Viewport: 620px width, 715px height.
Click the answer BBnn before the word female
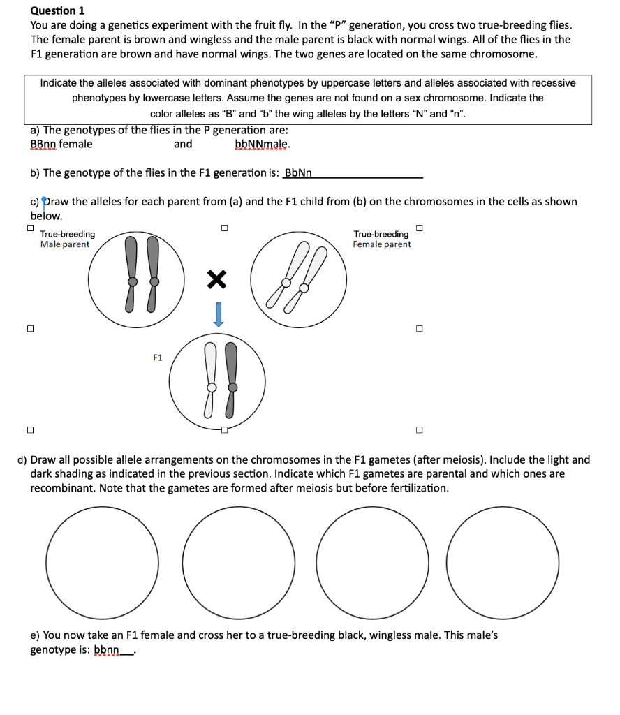(43, 144)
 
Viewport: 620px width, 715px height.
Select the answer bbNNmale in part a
(263, 144)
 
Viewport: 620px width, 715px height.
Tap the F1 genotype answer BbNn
(298, 172)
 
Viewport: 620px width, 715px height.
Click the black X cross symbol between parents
(217, 280)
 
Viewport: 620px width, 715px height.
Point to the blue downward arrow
(218, 314)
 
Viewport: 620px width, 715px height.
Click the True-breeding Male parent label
(67, 239)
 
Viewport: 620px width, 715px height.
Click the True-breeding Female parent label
(381, 239)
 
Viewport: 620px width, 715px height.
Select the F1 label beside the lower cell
(158, 357)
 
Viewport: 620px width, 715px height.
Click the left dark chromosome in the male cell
(131, 274)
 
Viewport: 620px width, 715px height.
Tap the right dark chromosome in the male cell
(154, 274)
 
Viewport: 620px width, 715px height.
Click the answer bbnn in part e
(106, 650)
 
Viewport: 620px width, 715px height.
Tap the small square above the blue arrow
(223, 227)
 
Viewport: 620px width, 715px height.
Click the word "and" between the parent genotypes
(183, 144)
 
